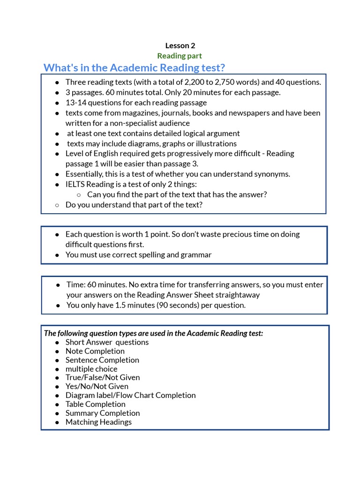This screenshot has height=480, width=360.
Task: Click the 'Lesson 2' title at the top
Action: [x=180, y=45]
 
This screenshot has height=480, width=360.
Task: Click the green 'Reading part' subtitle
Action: [x=180, y=56]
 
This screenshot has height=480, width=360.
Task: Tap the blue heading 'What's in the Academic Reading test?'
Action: [x=134, y=67]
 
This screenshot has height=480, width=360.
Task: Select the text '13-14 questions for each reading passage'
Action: [x=136, y=103]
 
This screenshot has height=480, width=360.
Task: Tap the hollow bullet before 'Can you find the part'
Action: [x=78, y=195]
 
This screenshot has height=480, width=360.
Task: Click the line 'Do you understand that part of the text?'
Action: [x=134, y=205]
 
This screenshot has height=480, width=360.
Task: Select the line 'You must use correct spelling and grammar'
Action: [x=138, y=255]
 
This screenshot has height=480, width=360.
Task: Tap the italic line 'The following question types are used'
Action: [x=153, y=333]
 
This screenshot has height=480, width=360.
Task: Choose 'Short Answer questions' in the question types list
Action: [x=107, y=342]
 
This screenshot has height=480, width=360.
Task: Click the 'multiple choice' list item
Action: [x=91, y=369]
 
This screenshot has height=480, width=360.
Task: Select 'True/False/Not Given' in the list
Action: [x=103, y=377]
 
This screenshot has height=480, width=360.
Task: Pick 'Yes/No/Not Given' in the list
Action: [x=97, y=386]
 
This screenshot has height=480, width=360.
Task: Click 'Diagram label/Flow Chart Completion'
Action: [x=130, y=395]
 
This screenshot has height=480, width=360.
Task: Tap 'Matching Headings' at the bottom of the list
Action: [x=98, y=422]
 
